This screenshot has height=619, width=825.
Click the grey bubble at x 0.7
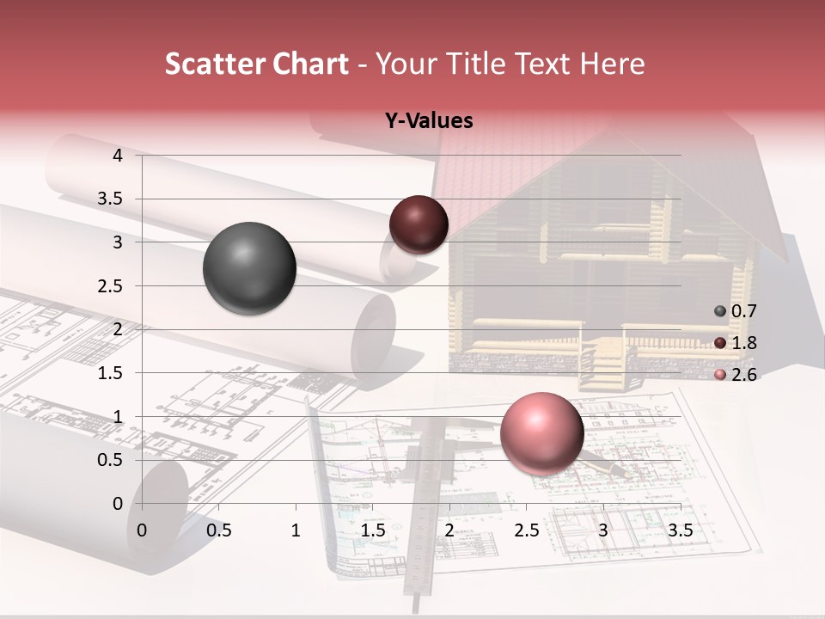click(x=249, y=268)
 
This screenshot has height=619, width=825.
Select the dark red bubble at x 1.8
click(x=419, y=224)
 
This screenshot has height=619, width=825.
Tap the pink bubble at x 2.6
click(x=541, y=433)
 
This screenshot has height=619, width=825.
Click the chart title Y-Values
click(x=429, y=121)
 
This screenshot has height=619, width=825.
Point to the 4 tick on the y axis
click(x=118, y=156)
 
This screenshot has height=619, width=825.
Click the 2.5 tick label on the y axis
click(x=110, y=285)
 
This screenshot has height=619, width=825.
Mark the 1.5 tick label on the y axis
click(x=110, y=373)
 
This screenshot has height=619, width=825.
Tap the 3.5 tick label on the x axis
click(x=680, y=530)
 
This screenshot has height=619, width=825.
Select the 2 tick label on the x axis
click(x=449, y=530)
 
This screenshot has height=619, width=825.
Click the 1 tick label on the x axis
click(x=296, y=530)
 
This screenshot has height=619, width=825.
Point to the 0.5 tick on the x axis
click(x=219, y=530)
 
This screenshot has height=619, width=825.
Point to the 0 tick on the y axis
click(x=118, y=503)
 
